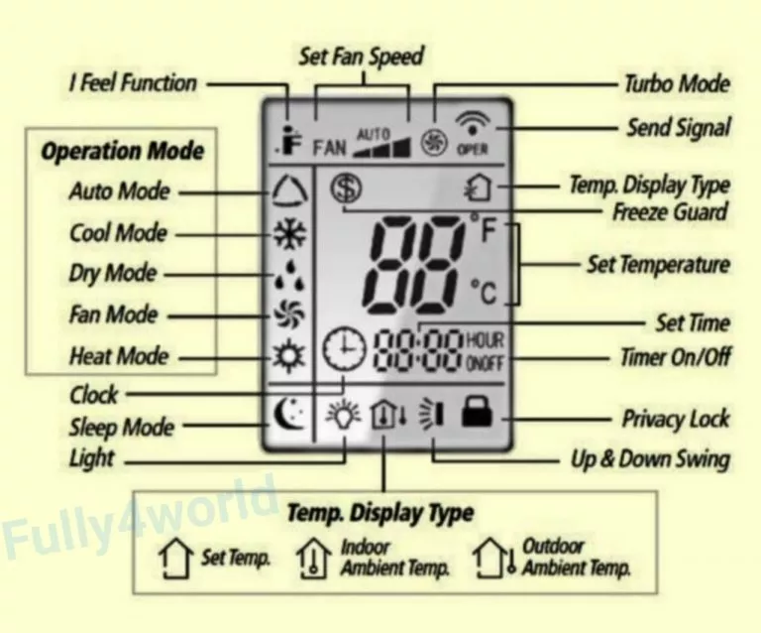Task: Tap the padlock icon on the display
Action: point(477,412)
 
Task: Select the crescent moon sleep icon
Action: point(289,414)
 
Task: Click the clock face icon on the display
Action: point(345,348)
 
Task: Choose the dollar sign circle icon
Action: point(347,189)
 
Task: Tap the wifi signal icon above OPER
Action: point(473,124)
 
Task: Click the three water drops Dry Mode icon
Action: point(290,275)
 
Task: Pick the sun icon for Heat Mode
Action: point(288,355)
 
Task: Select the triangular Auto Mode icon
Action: point(289,190)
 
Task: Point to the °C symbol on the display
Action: point(484,293)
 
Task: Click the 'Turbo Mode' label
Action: point(677,83)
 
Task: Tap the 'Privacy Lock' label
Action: point(676,420)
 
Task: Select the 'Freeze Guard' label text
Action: point(670,212)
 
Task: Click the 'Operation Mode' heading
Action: point(122,151)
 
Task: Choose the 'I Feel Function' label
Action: point(134,83)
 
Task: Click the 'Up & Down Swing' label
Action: point(650,459)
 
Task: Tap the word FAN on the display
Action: point(330,148)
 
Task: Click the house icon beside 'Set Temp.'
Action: point(174,559)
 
